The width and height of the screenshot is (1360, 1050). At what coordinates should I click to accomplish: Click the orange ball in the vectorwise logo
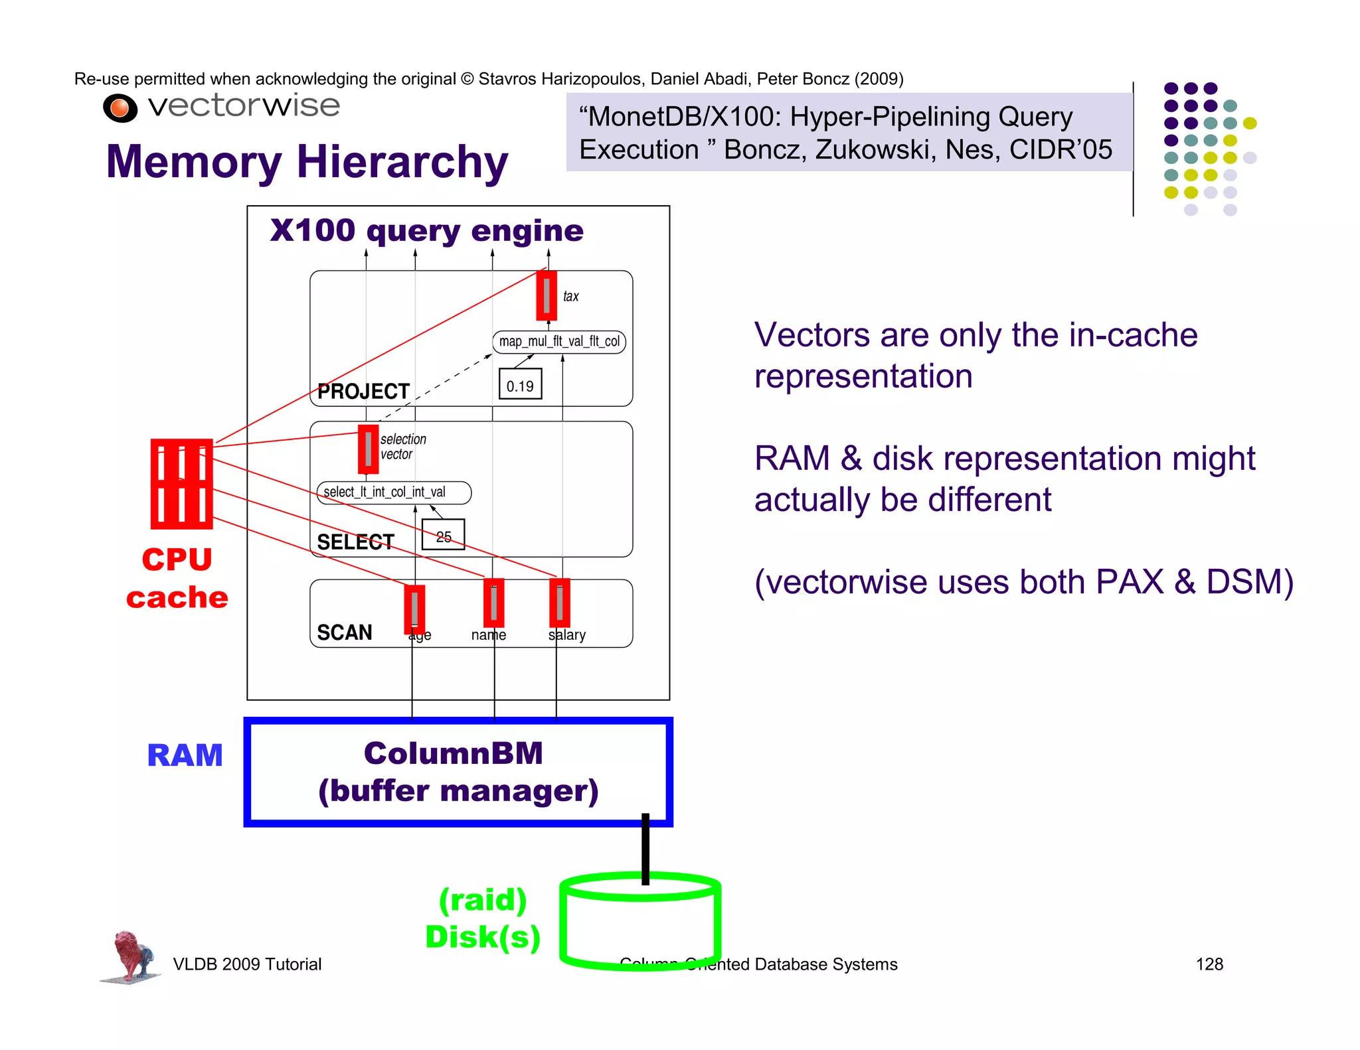(x=120, y=108)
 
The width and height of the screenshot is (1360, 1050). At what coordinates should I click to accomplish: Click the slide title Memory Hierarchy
(x=307, y=162)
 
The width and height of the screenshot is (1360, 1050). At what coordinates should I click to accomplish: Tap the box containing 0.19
(x=520, y=384)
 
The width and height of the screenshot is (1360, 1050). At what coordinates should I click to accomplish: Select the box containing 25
(x=443, y=535)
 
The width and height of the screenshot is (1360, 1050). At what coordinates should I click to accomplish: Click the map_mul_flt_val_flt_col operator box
(x=559, y=342)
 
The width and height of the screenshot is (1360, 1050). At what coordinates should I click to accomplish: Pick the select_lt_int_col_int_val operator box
(x=393, y=492)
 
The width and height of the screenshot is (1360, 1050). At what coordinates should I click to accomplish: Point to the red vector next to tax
(x=547, y=295)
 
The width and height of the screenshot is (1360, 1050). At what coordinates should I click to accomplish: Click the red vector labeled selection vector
(x=368, y=449)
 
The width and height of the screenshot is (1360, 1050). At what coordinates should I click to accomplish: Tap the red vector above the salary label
(x=560, y=603)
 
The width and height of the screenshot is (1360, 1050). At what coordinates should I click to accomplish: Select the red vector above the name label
(x=494, y=603)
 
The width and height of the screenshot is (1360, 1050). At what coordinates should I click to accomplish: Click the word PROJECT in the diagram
(x=363, y=392)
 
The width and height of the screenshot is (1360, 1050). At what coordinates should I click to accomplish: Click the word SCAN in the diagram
(x=344, y=633)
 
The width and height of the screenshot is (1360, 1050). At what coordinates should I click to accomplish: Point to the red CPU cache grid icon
(x=181, y=484)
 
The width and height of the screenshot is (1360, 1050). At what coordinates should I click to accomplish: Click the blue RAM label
(x=185, y=755)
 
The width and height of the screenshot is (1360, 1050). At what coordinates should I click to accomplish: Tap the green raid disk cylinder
(x=640, y=923)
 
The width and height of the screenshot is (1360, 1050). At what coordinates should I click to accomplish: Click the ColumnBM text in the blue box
(x=454, y=753)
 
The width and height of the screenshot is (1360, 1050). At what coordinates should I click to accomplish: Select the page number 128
(x=1209, y=964)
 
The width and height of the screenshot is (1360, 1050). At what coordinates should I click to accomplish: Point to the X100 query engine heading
(x=426, y=231)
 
